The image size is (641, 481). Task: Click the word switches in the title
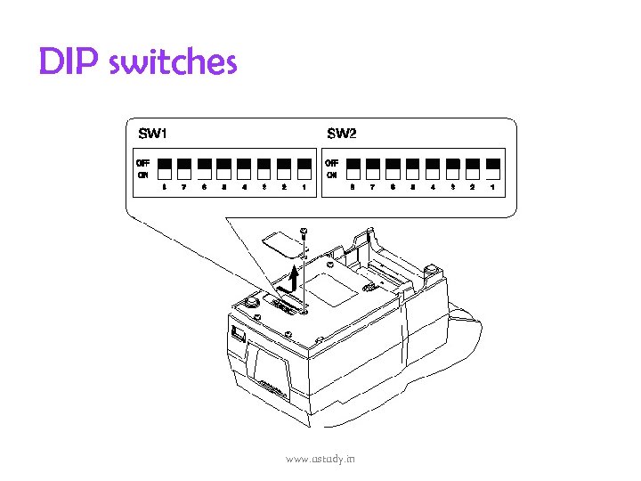coord(174,62)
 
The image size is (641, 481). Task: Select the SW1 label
coord(152,134)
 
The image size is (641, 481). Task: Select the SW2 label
coord(341,134)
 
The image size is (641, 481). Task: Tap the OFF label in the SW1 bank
coord(142,163)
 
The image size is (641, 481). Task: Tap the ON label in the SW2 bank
coord(331,175)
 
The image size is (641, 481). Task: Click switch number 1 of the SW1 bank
coord(304,167)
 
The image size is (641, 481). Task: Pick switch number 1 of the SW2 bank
coord(492,167)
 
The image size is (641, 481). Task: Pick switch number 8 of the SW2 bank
coord(353,167)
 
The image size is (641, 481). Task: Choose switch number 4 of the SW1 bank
coord(244,167)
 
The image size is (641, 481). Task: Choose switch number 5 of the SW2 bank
coord(413,167)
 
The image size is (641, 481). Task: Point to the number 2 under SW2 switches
coord(472,187)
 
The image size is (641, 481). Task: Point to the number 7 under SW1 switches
coord(183,187)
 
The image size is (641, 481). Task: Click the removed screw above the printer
coord(304,232)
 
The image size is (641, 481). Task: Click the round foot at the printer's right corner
coord(431,268)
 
